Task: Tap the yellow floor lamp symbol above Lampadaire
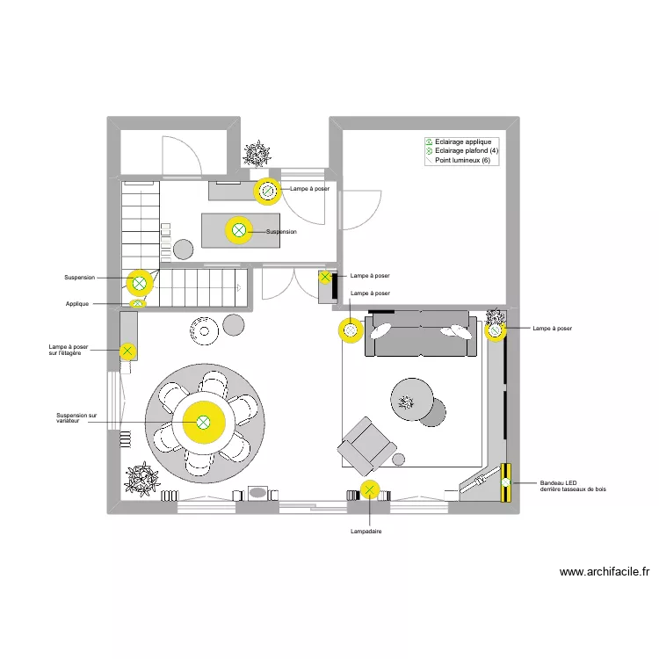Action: point(370,490)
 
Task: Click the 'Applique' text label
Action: point(77,304)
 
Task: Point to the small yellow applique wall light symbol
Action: point(138,304)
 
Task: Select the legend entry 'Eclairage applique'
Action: point(463,141)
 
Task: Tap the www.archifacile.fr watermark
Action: point(605,572)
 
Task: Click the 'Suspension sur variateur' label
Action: point(76,418)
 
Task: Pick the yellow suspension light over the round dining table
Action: point(203,423)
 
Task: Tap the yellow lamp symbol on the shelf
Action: point(128,351)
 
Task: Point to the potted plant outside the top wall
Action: point(257,155)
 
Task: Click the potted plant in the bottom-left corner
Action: point(141,480)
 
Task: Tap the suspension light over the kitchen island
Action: point(239,231)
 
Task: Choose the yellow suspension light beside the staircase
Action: point(139,283)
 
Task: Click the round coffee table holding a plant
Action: point(409,400)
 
